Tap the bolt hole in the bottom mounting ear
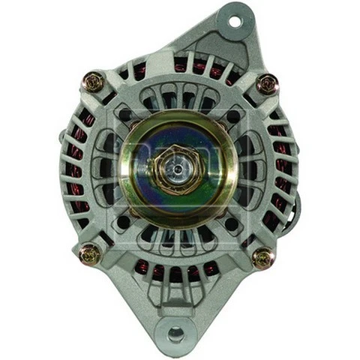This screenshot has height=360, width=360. tap(175, 331)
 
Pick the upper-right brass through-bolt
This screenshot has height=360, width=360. tap(266, 83)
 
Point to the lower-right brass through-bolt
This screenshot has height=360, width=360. tap(262, 259)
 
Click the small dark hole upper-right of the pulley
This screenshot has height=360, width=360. tap(233, 116)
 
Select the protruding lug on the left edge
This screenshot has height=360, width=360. tap(60, 139)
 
